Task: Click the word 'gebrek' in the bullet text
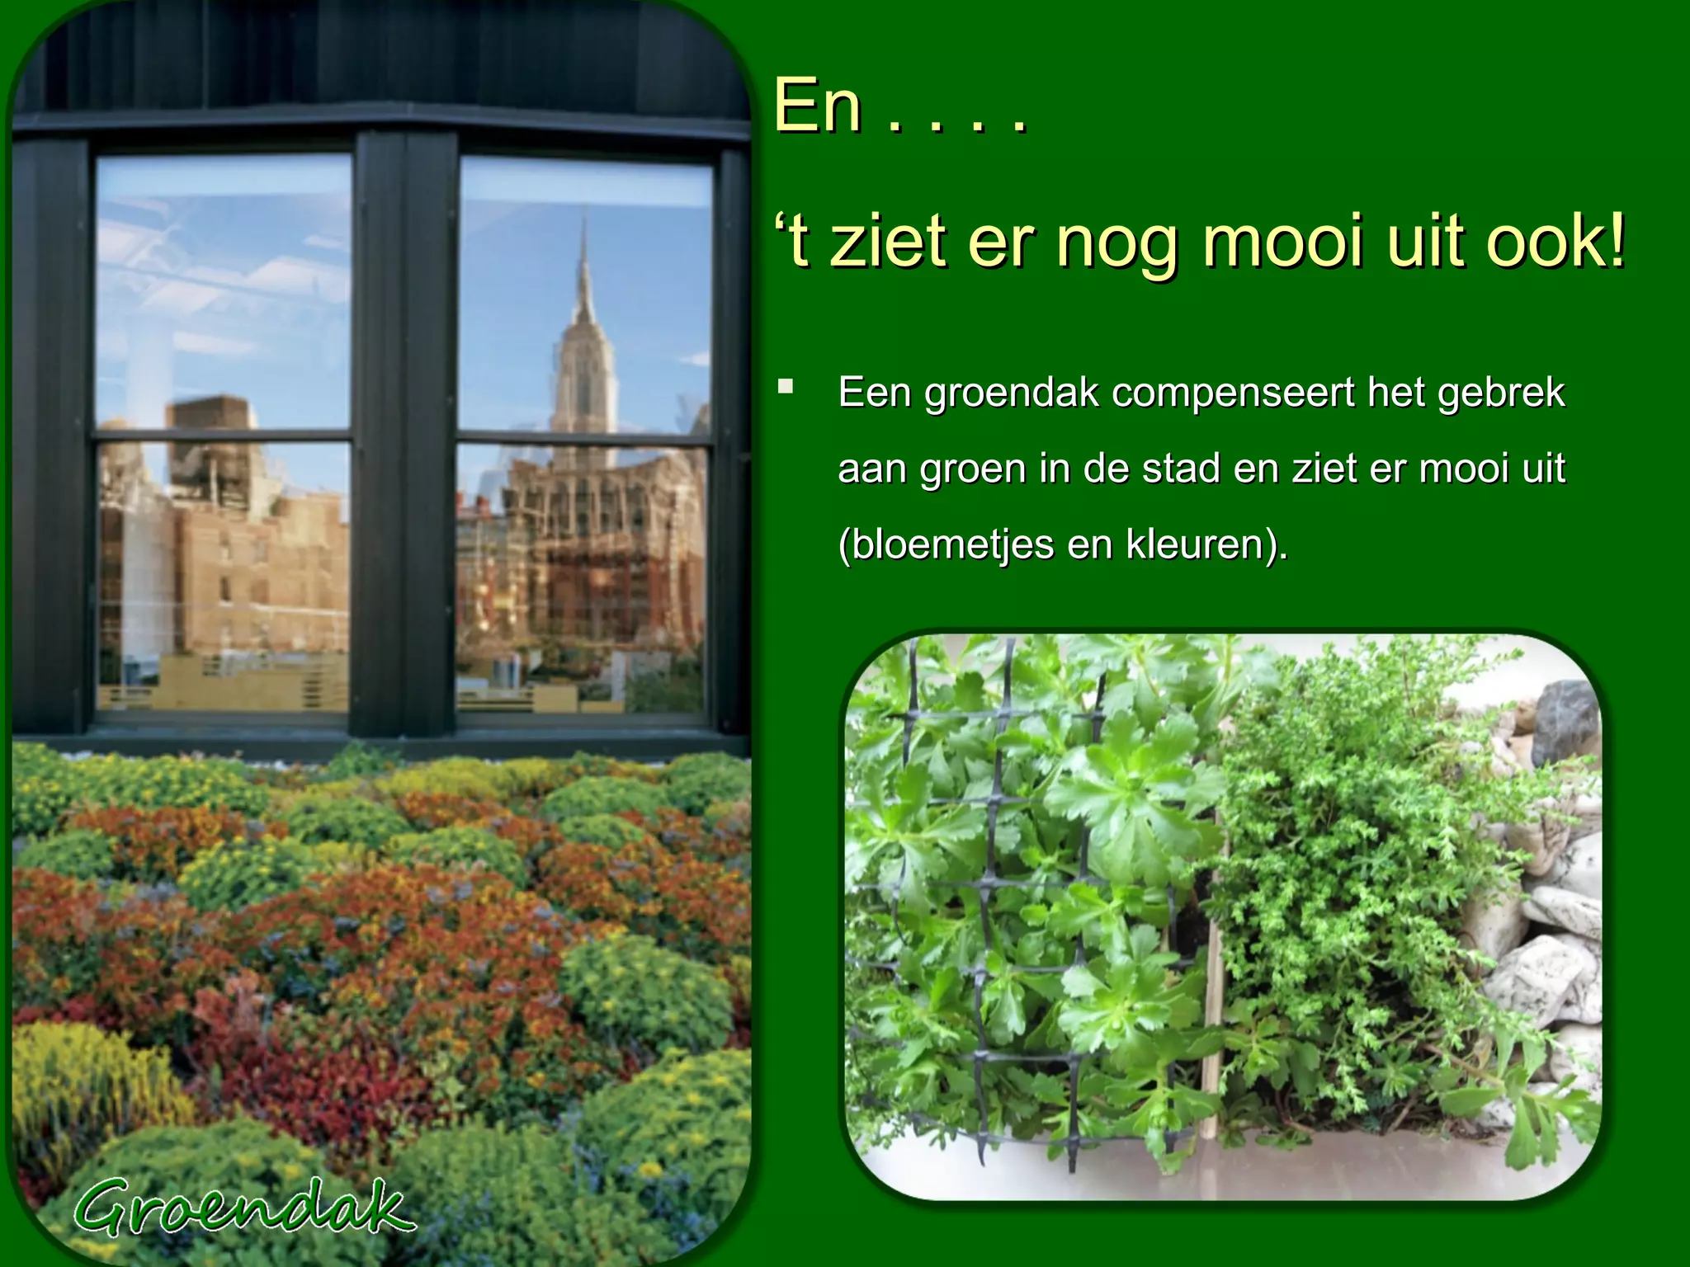click(x=1501, y=393)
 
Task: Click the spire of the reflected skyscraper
click(x=584, y=264)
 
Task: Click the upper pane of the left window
click(x=223, y=293)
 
